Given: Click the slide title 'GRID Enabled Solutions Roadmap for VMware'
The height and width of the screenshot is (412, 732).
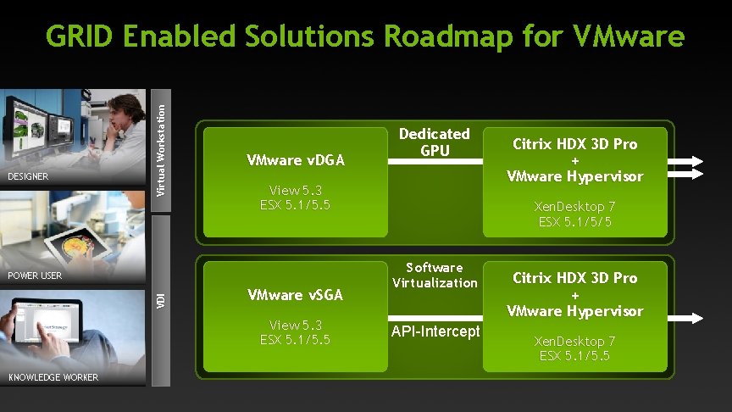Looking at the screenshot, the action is coord(365,37).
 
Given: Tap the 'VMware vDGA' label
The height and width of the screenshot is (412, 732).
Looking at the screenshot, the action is coord(295,159).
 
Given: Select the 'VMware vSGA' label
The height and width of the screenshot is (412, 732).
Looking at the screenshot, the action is coord(295,295).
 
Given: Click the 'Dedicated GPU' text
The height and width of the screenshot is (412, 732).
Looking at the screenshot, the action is coord(435,142).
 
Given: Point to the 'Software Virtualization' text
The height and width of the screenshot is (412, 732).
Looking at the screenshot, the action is coord(435,275).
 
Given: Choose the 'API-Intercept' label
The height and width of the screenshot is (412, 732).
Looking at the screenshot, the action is coord(435,331).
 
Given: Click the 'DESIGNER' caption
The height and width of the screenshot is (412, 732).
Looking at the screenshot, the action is coord(27,177).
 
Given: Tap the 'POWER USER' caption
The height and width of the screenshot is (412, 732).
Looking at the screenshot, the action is coord(35,276).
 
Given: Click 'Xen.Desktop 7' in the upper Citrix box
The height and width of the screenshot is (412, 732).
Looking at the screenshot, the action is coord(574,206).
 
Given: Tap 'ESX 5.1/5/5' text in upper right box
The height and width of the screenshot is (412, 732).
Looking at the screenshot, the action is coord(574,221).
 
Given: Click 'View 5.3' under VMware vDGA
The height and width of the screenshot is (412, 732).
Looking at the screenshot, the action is coord(295,190).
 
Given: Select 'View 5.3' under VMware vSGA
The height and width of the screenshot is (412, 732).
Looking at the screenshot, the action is coord(295,325).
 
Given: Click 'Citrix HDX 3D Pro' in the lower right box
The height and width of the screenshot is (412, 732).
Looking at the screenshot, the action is coord(574,278).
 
